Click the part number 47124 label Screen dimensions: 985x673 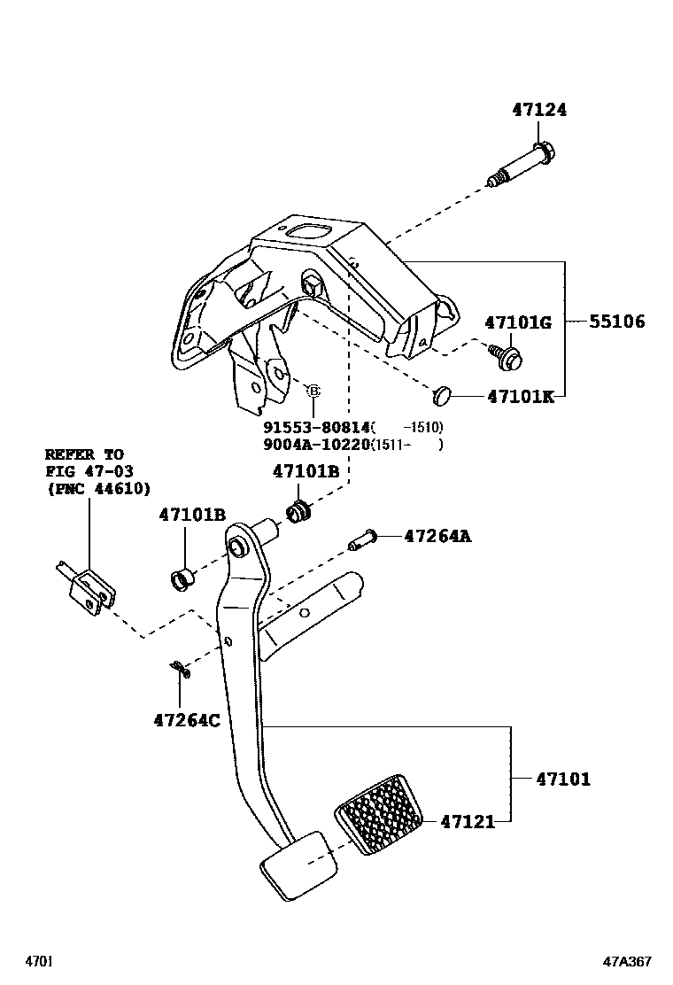click(538, 111)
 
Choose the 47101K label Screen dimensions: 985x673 click(520, 397)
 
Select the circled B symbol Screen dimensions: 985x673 click(313, 391)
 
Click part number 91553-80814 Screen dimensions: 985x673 click(316, 426)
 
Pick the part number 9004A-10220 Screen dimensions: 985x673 click(316, 445)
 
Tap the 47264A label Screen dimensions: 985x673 click(437, 536)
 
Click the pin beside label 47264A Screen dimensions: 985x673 click(363, 538)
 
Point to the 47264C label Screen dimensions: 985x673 click(187, 720)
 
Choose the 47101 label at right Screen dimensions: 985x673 click(562, 779)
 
